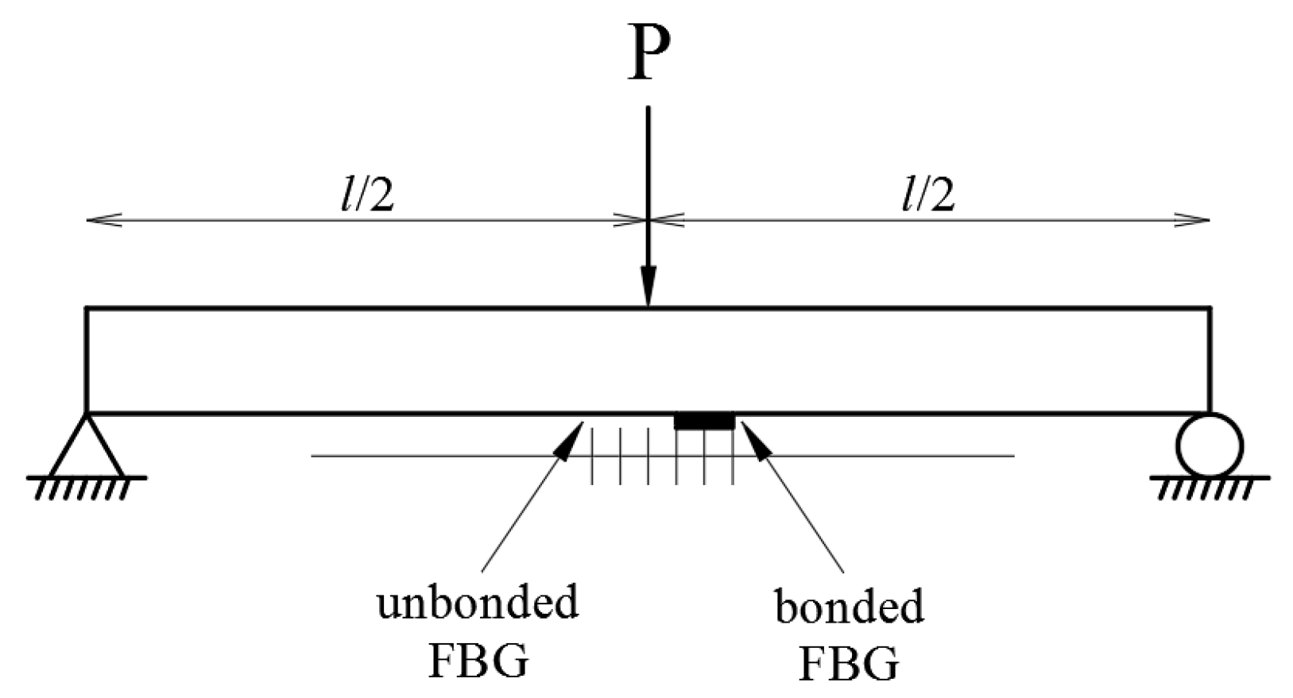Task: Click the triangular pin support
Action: point(86,448)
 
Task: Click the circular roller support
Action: point(1210,445)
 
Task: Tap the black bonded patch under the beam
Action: point(704,421)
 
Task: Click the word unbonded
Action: point(477,604)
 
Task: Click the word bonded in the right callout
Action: point(849,607)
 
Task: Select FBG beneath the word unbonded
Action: point(478,661)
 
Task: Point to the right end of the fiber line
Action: point(1013,456)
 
